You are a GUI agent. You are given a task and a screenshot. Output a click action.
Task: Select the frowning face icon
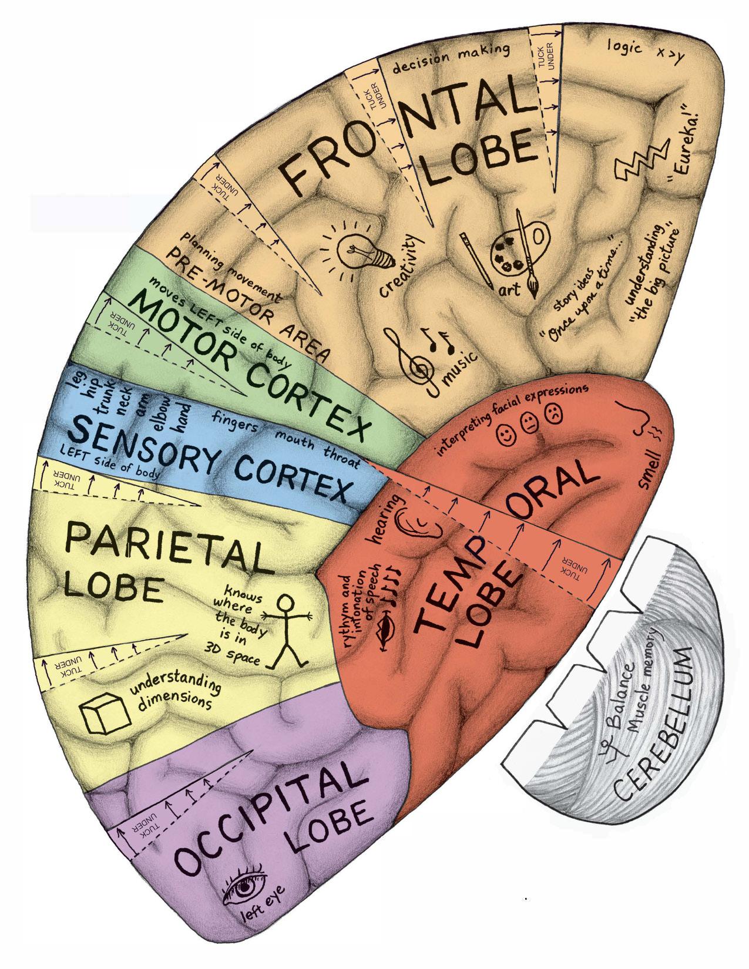pos(553,412)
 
